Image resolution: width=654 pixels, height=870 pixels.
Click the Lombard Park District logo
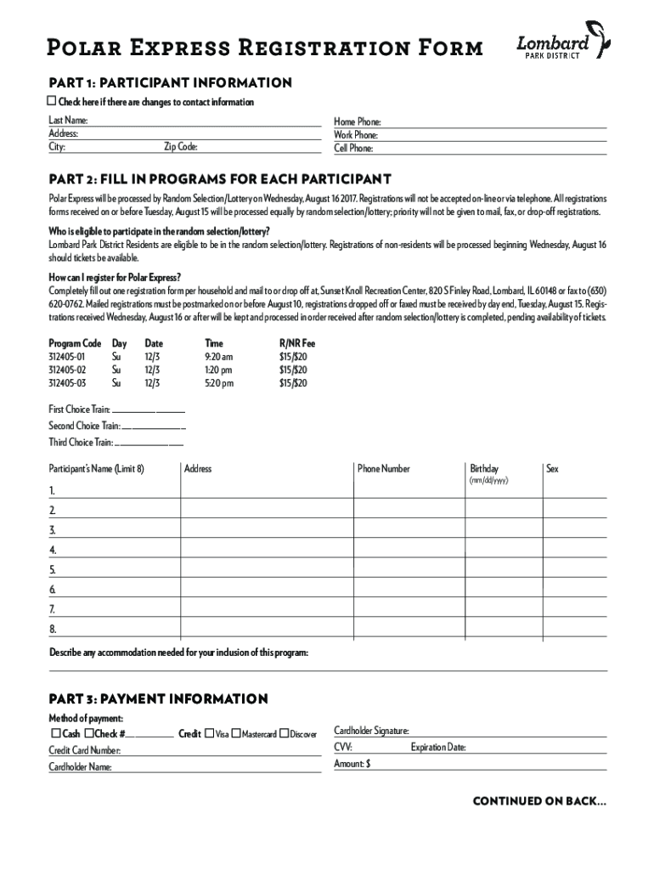(563, 42)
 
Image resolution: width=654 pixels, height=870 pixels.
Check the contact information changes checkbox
(53, 102)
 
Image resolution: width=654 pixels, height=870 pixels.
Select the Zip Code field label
(181, 147)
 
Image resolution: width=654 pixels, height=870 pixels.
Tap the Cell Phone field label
(353, 148)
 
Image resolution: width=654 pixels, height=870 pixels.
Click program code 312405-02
(68, 370)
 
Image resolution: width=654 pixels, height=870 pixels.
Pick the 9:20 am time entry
(218, 357)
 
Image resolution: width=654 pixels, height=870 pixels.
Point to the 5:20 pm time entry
(218, 383)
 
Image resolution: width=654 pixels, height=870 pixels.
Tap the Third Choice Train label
(81, 442)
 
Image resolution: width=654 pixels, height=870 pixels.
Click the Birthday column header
(484, 469)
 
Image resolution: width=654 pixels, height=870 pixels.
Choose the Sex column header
(552, 469)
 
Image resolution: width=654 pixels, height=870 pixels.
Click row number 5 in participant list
(53, 569)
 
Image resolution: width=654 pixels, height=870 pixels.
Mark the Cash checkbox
(56, 733)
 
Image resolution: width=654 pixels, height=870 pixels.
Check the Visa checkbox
(209, 733)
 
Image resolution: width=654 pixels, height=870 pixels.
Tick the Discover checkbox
(285, 733)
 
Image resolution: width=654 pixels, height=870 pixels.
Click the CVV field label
(343, 748)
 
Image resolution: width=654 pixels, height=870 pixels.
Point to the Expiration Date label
(437, 748)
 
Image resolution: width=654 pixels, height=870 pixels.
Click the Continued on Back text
(539, 800)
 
